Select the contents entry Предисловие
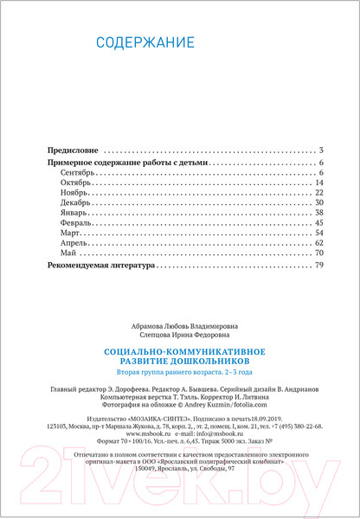point(72,150)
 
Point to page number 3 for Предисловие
point(320,150)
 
